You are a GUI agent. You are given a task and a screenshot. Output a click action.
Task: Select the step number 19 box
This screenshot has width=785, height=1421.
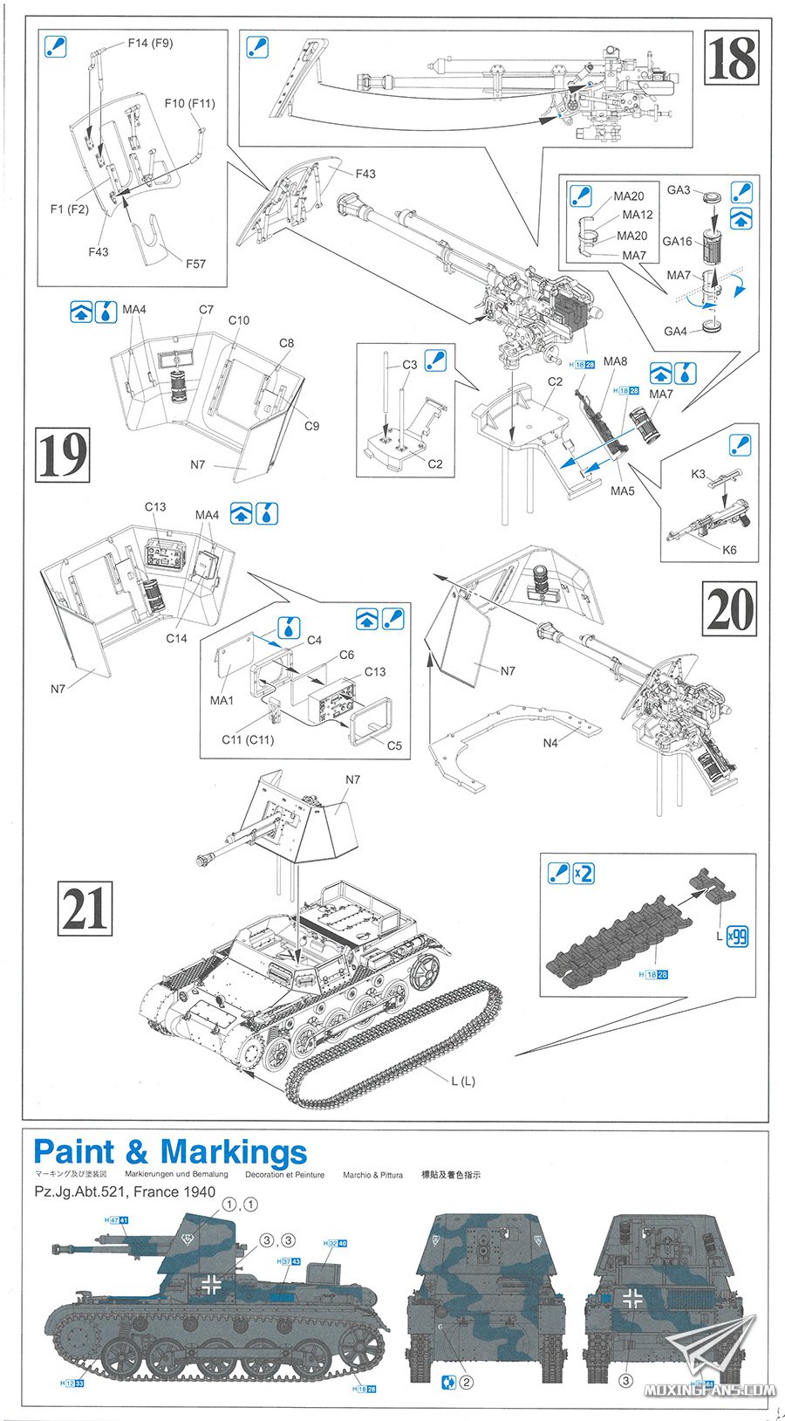[62, 454]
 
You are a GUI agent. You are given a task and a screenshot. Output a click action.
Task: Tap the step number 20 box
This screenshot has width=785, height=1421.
[730, 608]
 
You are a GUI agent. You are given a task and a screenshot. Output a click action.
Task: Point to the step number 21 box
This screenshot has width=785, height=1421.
[85, 908]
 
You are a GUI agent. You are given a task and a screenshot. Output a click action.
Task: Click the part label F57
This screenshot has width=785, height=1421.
[195, 264]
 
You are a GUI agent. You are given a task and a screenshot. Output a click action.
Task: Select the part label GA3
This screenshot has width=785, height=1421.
[679, 189]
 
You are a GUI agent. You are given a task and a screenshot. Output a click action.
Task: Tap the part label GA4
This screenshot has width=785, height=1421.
[676, 331]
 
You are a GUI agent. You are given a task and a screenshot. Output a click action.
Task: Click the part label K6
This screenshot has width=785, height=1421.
[729, 549]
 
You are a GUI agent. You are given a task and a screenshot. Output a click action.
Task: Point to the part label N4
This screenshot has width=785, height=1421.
[550, 743]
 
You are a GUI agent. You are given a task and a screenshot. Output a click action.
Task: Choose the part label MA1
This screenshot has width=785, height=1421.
[222, 700]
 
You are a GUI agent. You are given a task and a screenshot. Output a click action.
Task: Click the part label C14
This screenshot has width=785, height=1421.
[176, 638]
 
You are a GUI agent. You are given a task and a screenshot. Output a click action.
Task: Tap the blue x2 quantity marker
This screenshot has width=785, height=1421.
[584, 873]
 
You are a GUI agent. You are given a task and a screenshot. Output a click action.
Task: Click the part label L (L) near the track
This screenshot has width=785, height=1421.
[463, 1081]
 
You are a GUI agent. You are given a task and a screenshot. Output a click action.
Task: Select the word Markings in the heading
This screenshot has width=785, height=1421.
[234, 1152]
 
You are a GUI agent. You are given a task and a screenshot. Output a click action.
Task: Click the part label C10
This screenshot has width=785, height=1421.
[239, 320]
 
